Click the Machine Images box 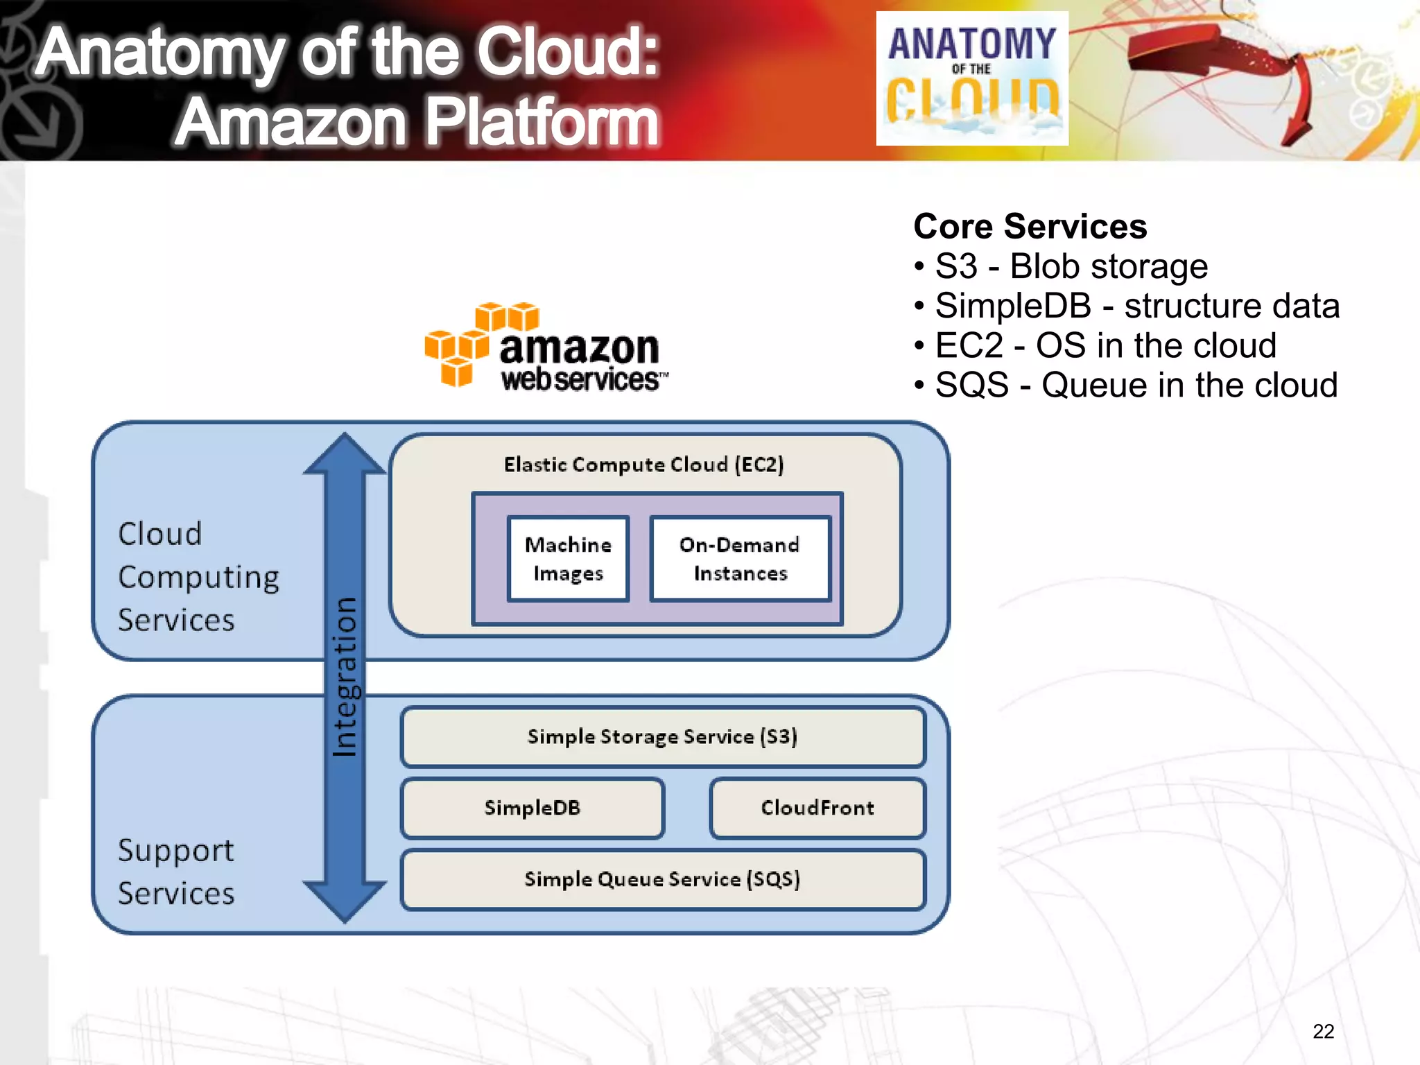pos(568,558)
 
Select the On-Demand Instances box pos(740,558)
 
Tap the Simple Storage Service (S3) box pos(662,736)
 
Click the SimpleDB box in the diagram pos(532,808)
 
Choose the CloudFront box pos(817,808)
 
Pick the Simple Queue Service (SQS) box pos(662,879)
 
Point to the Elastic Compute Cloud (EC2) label pos(643,464)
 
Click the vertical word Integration pos(345,676)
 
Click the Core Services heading pos(1030,227)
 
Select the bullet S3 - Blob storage pos(1071,266)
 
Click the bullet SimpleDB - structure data pos(1137,306)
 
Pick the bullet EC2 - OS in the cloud pos(1105,345)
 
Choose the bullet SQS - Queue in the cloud pos(1136,385)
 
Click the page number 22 pos(1323,1032)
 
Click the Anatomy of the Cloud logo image pos(971,78)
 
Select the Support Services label pos(176,871)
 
